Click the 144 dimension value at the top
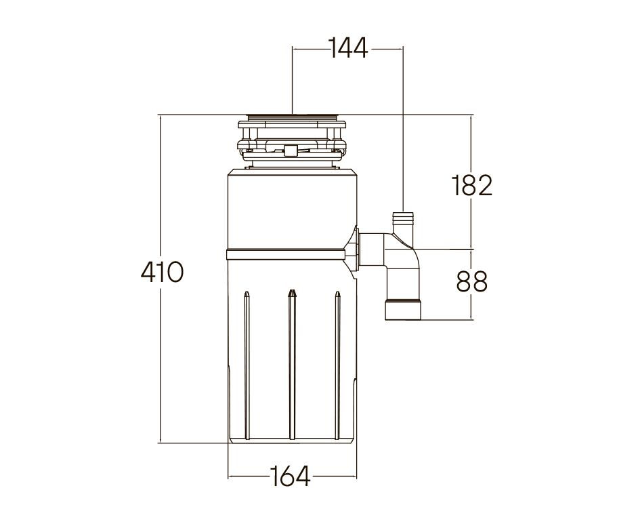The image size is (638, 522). pyautogui.click(x=347, y=48)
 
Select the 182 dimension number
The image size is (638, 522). pyautogui.click(x=471, y=184)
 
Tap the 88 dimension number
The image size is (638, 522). pyautogui.click(x=471, y=282)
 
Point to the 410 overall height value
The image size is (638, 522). pyautogui.click(x=162, y=273)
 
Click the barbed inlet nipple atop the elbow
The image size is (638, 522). pyautogui.click(x=403, y=221)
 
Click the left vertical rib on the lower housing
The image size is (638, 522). pyautogui.click(x=247, y=366)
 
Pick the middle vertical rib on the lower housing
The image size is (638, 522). pyautogui.click(x=291, y=366)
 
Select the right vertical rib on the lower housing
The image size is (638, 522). pyautogui.click(x=337, y=366)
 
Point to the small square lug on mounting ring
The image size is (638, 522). pyautogui.click(x=291, y=149)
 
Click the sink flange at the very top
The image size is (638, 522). pyautogui.click(x=291, y=117)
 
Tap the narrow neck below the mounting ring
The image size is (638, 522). pyautogui.click(x=291, y=165)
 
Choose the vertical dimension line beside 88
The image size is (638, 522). pyautogui.click(x=471, y=305)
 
